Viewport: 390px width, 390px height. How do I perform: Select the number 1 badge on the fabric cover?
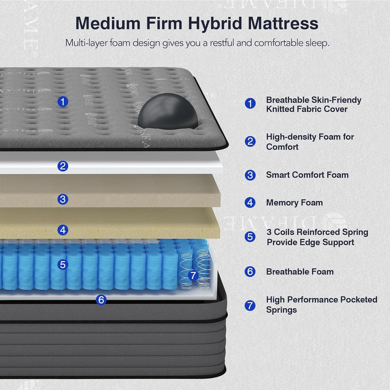(63, 101)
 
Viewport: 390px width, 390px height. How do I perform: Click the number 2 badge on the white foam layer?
(63, 166)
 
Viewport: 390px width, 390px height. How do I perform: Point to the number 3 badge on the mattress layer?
(63, 199)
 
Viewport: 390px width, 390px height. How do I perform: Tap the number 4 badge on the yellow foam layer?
(63, 230)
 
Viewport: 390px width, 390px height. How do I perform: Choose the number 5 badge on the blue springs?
(63, 264)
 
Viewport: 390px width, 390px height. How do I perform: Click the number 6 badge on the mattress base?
(101, 300)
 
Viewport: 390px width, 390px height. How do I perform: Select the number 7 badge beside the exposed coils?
(193, 275)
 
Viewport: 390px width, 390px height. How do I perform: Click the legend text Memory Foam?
(294, 202)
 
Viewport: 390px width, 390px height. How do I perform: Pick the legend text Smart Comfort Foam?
(307, 175)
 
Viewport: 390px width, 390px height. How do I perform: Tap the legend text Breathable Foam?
(300, 272)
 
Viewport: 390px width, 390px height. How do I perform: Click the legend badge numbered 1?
(250, 104)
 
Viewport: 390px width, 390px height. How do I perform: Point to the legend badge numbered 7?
(250, 305)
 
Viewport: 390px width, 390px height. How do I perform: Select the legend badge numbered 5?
(250, 236)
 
